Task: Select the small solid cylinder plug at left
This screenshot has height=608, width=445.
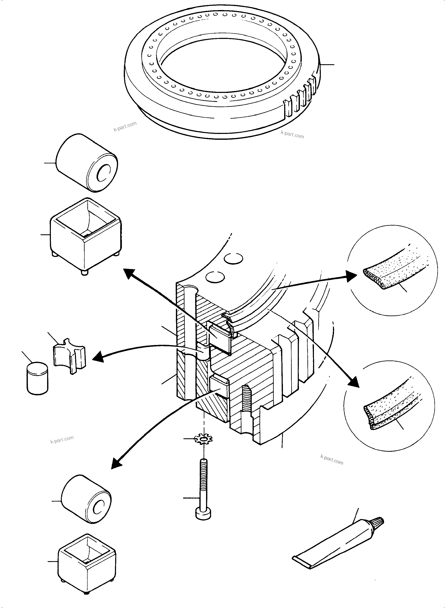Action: tap(37, 378)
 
